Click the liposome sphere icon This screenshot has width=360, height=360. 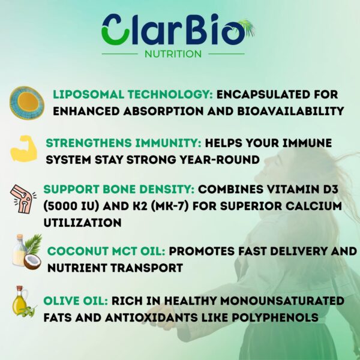pyautogui.click(x=26, y=103)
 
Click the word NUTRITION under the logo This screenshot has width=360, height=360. pyautogui.click(x=173, y=54)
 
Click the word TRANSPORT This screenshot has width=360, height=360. pyautogui.click(x=141, y=268)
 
